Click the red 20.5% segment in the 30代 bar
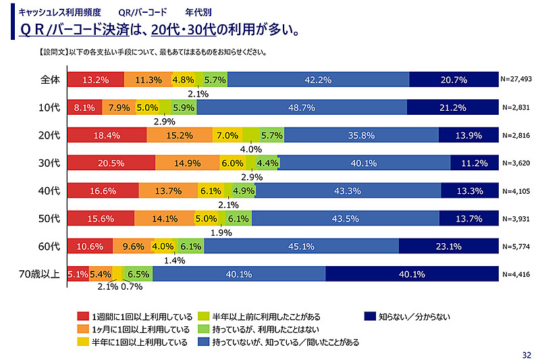point(111,163)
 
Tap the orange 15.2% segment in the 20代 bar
point(179,135)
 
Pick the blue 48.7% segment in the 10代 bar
point(301,107)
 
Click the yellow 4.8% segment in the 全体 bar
point(183,80)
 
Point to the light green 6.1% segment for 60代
point(191,247)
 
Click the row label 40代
point(51,190)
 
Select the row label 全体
point(50,80)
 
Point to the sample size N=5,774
point(518,247)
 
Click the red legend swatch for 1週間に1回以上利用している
point(84,316)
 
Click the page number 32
point(527,354)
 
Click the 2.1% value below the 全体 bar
point(198,94)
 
